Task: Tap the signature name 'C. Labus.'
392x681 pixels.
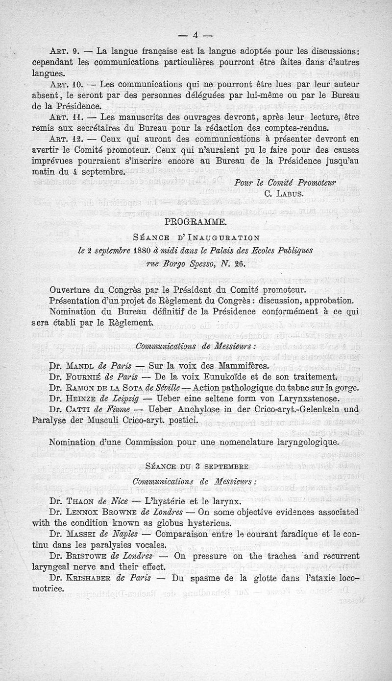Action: (284, 193)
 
